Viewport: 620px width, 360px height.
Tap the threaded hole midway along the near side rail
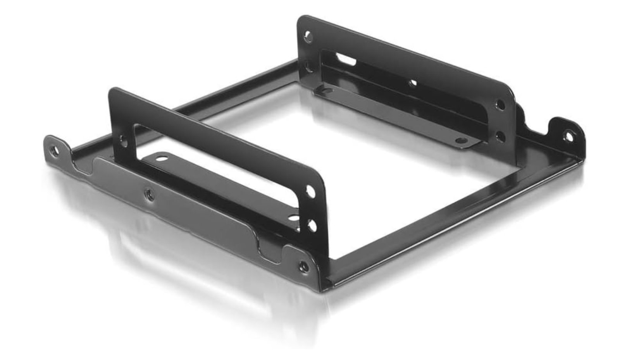point(148,193)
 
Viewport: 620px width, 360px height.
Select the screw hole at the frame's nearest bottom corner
point(303,266)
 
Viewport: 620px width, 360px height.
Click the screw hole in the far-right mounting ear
point(569,136)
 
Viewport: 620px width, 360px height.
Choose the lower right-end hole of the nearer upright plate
point(311,224)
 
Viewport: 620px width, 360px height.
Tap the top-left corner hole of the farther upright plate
point(308,36)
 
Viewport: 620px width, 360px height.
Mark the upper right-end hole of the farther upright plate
point(500,105)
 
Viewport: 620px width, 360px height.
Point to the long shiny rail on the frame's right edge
point(457,217)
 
